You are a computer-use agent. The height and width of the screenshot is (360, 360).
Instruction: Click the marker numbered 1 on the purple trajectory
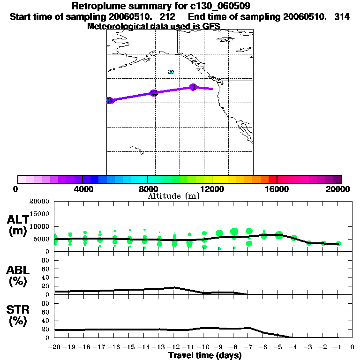tap(193, 87)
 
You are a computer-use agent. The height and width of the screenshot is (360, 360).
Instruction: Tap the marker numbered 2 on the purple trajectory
tap(153, 93)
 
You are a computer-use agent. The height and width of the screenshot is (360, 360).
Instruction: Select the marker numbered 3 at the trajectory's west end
tap(109, 100)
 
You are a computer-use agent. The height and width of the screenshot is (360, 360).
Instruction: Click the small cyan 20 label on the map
tap(171, 72)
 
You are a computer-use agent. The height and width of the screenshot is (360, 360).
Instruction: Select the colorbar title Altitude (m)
tap(173, 196)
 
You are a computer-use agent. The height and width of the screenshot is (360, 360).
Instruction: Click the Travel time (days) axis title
tap(205, 356)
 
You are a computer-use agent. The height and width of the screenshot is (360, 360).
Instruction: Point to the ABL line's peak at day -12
tap(174, 287)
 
